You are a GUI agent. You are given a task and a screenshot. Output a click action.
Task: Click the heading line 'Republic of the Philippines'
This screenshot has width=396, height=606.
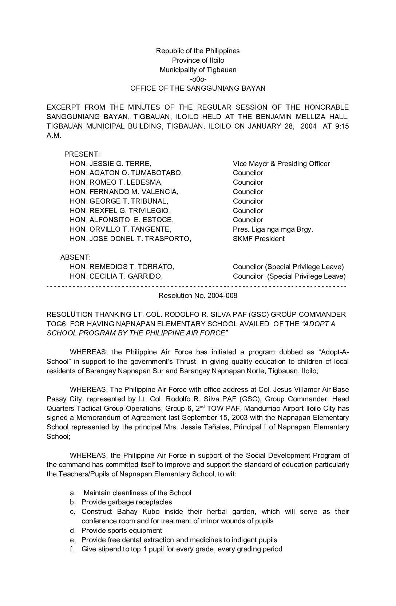(198, 51)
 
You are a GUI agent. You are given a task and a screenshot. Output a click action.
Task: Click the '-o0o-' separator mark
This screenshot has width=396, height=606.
(198, 79)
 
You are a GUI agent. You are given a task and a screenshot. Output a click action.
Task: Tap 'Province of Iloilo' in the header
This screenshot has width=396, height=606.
(198, 60)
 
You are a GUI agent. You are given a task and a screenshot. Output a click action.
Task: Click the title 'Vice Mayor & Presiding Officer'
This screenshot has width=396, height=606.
(281, 164)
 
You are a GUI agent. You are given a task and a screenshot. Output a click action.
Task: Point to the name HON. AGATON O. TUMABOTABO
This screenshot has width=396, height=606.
(126, 173)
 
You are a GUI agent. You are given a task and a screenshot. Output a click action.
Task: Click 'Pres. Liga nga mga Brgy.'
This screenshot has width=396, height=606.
(273, 229)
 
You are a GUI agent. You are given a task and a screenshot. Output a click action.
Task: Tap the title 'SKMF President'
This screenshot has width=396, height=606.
(258, 239)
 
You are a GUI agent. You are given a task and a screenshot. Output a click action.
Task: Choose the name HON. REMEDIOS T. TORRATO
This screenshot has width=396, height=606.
(122, 267)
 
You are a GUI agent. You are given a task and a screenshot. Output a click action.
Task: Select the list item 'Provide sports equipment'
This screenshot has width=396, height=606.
(122, 531)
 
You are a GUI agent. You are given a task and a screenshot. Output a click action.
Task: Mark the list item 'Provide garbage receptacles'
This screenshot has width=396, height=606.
(126, 502)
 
